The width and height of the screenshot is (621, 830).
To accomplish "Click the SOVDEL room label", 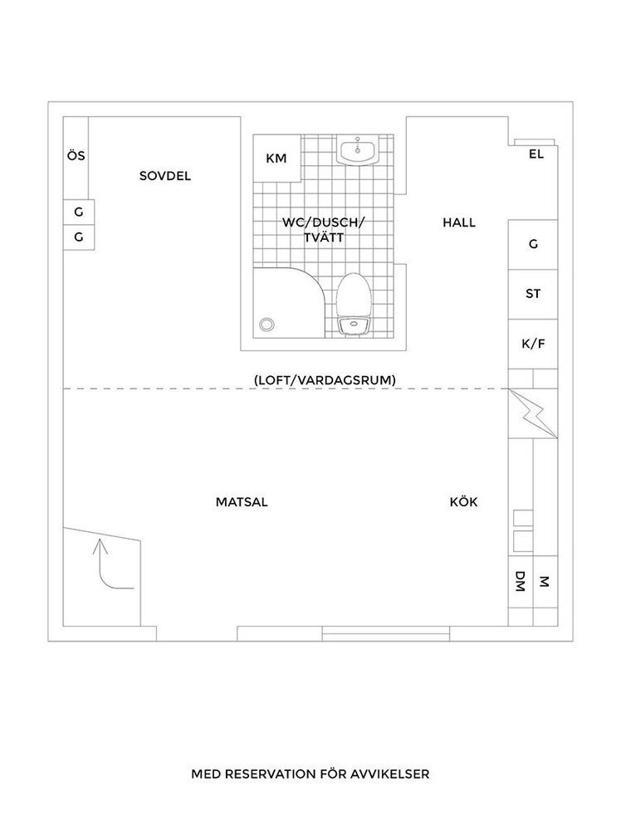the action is tap(164, 176).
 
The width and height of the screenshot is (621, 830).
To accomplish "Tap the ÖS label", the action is tap(76, 156).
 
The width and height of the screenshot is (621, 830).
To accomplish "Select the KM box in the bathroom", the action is tap(277, 159).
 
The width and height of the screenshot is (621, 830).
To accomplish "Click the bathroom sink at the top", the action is tap(358, 149).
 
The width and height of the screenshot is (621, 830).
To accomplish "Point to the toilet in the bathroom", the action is tap(355, 305).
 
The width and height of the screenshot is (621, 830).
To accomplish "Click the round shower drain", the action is tap(266, 325).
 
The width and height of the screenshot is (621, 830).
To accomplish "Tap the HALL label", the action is tap(459, 222).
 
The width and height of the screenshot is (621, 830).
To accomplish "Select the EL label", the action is tap(536, 154).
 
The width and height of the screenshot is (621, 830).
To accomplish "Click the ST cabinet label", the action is tap(533, 294).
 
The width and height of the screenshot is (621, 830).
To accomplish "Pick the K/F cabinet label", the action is tap(533, 344).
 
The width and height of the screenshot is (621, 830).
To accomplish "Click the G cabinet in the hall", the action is tap(533, 245).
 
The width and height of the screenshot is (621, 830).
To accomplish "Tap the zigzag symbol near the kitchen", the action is tap(533, 413).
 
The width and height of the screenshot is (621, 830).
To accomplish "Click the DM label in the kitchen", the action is tap(521, 581).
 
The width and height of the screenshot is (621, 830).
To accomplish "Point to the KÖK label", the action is tap(464, 502).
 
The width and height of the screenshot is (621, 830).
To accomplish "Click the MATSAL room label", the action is tap(242, 502).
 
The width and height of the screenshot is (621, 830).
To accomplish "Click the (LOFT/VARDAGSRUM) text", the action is tap(325, 380).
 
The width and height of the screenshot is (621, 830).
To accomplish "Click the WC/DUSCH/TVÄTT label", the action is tap(323, 230).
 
